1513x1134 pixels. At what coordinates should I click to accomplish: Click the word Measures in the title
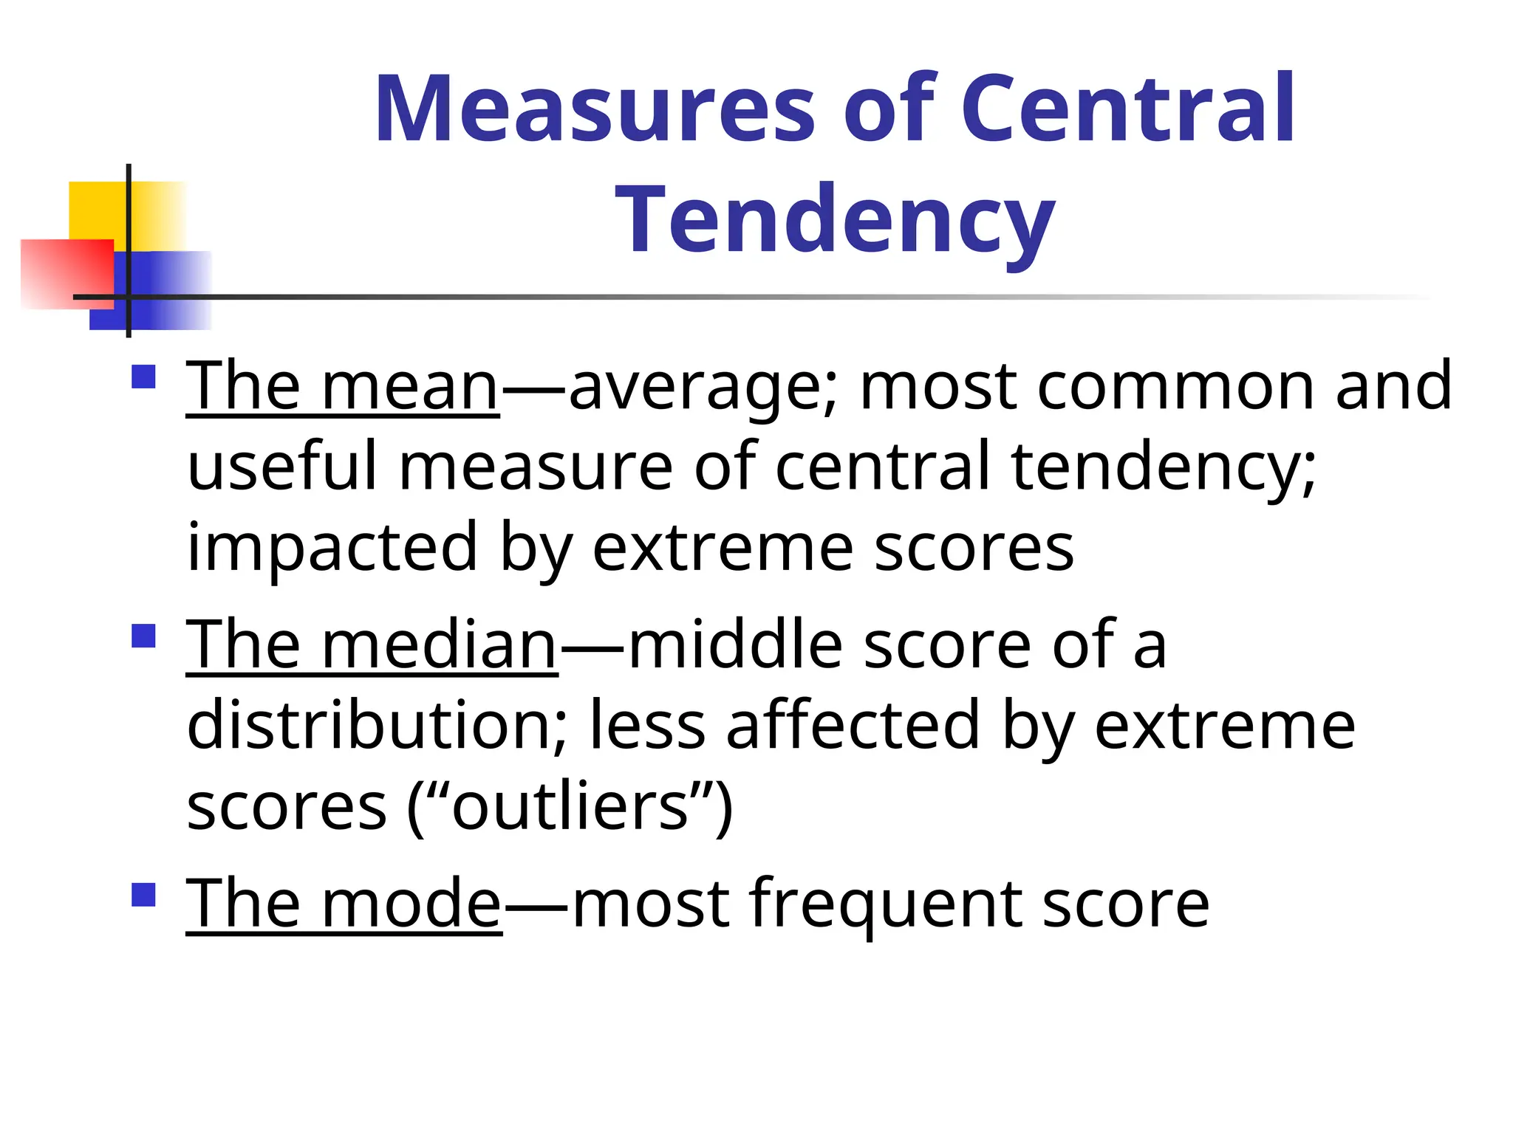pos(595,109)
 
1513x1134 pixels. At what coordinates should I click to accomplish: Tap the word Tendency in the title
pos(835,220)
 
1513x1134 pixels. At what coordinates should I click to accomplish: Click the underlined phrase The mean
pos(343,386)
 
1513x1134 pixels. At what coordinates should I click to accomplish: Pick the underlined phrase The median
pos(372,645)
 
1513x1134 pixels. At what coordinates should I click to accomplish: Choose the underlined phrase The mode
pos(344,903)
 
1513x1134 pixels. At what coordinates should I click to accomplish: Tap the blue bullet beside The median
pos(143,636)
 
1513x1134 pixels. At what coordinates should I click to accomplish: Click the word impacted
pos(332,548)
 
